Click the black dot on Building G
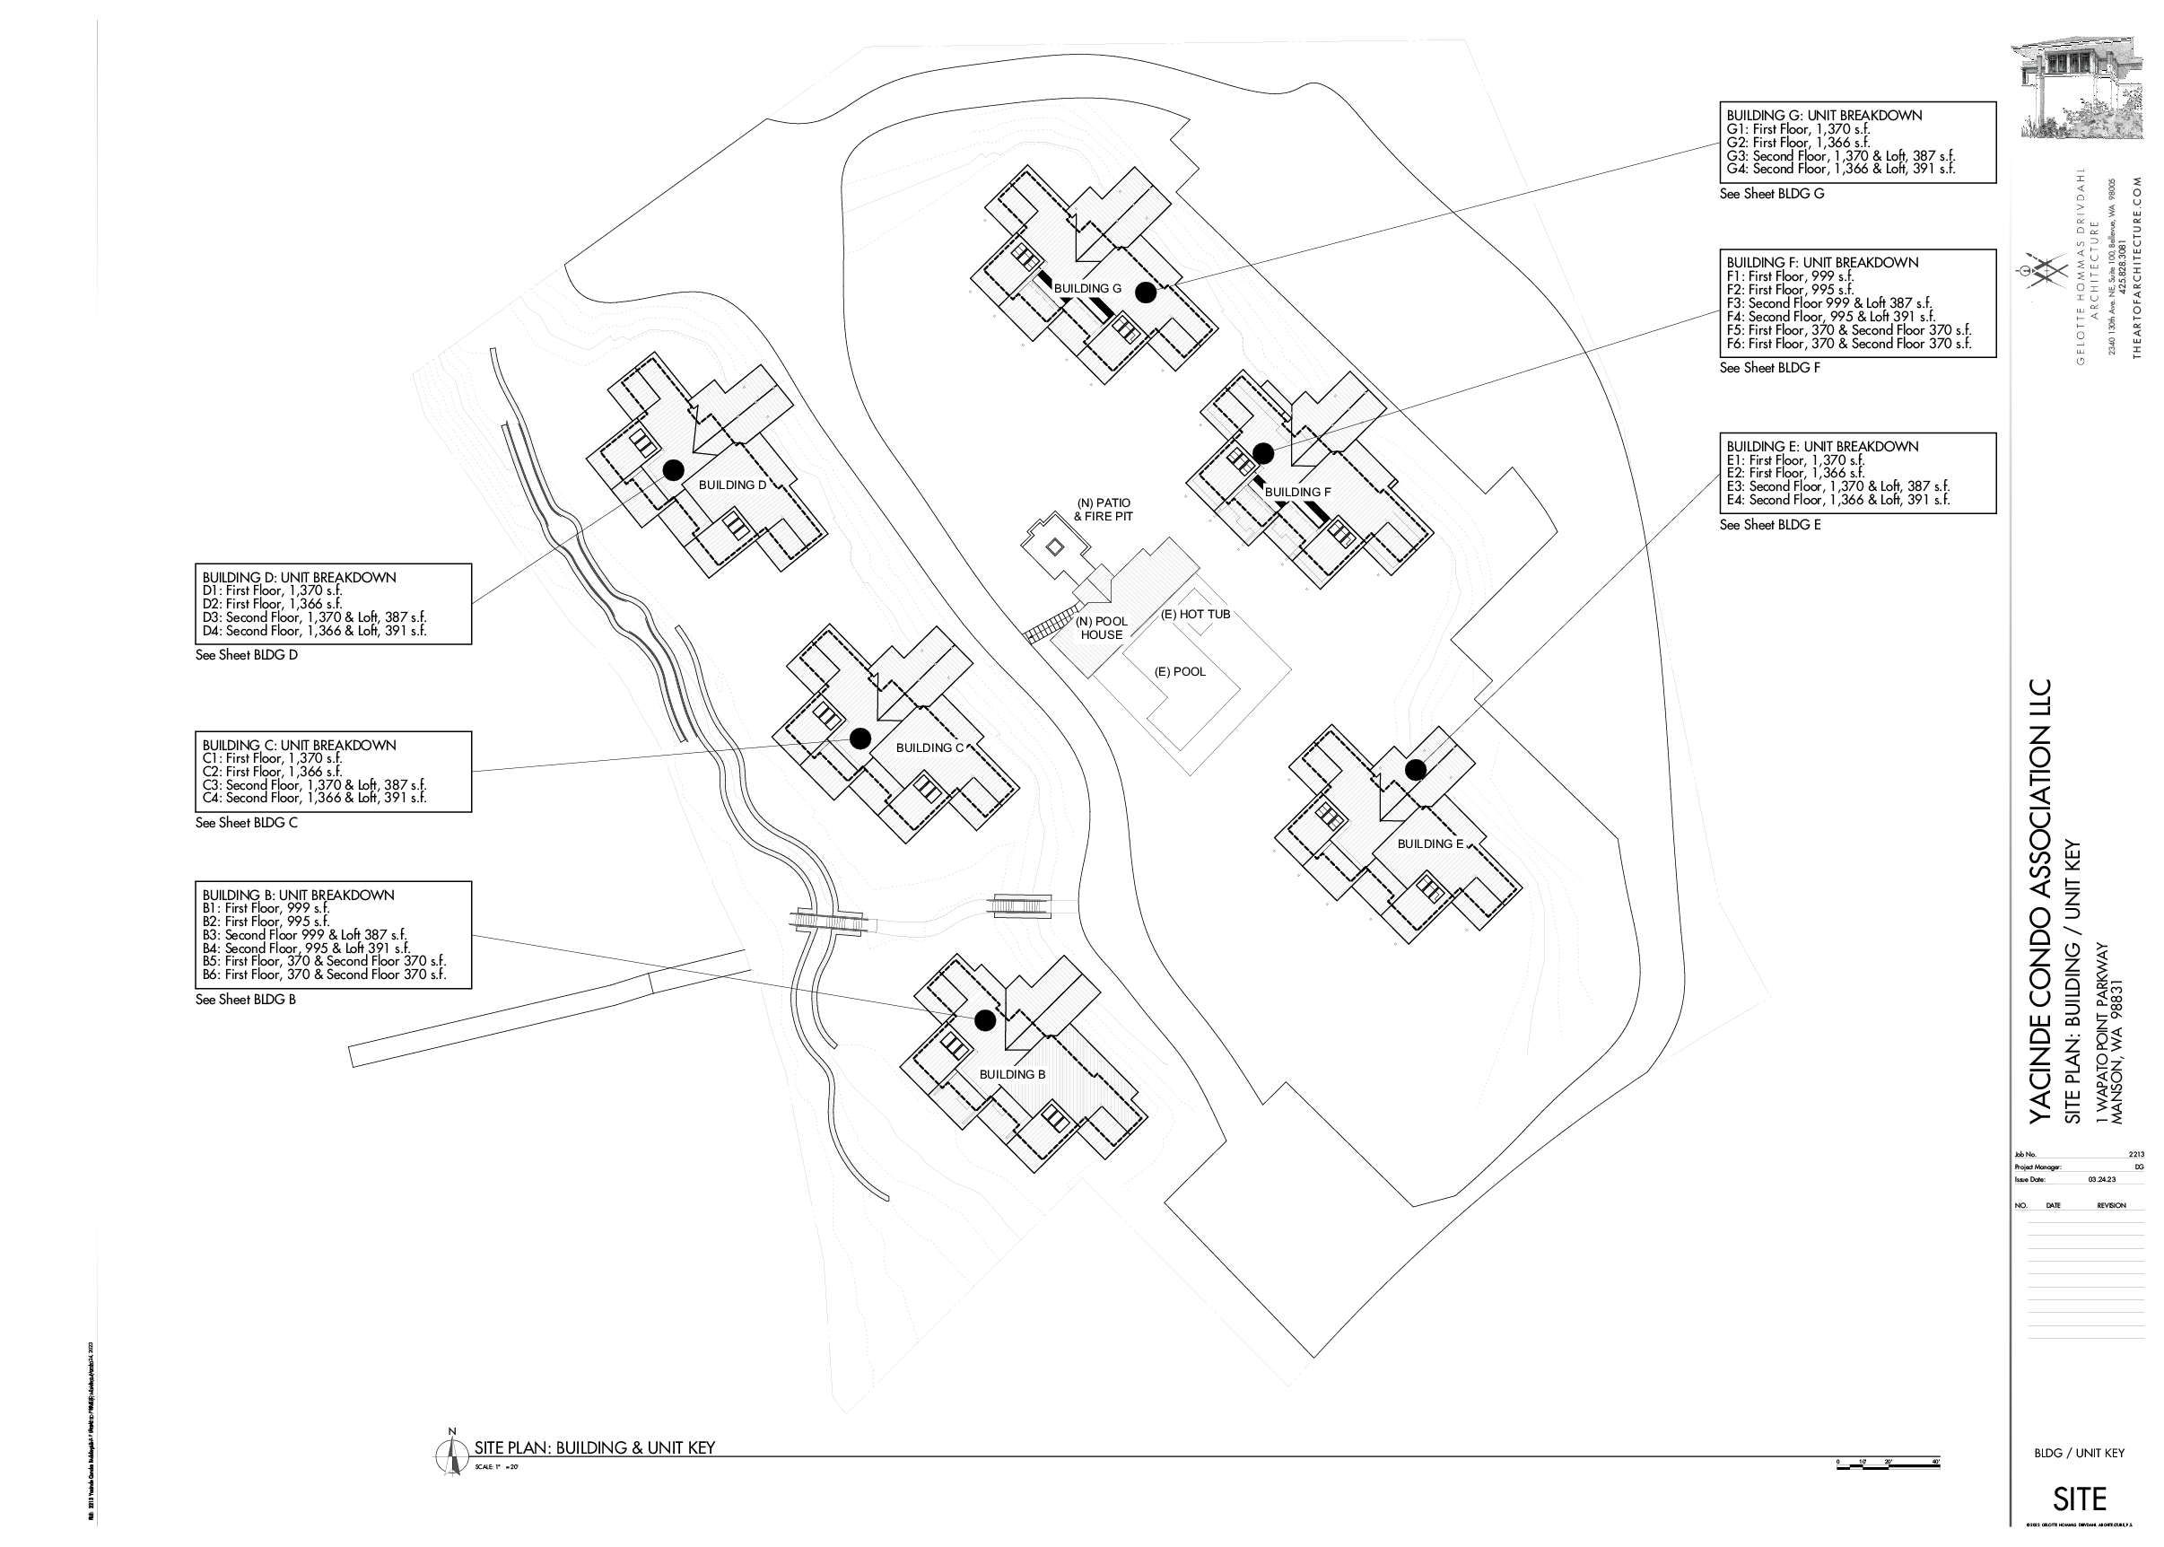(1146, 293)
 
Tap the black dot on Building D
(673, 469)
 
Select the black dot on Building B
(985, 1020)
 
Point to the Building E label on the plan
(1429, 844)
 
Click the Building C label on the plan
(929, 747)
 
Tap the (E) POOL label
(1179, 671)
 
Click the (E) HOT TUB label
(1195, 615)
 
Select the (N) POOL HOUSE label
(1101, 628)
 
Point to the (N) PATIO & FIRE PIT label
(1103, 510)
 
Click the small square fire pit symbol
(1053, 546)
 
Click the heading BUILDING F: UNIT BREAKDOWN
(1822, 263)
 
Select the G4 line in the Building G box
(1840, 169)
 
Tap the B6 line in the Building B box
(324, 975)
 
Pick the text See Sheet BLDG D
(247, 655)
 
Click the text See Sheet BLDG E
(1769, 525)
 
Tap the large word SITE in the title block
(2080, 1499)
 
